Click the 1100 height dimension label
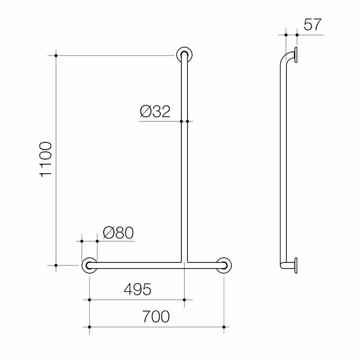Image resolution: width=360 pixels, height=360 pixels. click(x=46, y=160)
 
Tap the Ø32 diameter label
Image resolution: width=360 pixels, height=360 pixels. click(x=155, y=112)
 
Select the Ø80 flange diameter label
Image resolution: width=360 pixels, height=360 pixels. click(x=118, y=233)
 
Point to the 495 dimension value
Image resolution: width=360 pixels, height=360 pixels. click(x=137, y=289)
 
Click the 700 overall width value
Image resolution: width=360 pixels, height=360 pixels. click(x=156, y=316)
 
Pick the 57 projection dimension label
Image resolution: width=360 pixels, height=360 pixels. click(x=312, y=25)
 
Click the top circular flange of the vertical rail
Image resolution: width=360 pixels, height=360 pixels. click(x=184, y=55)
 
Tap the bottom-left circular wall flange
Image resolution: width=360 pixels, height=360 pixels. click(x=89, y=265)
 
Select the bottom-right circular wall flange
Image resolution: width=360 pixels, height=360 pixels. click(x=224, y=265)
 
